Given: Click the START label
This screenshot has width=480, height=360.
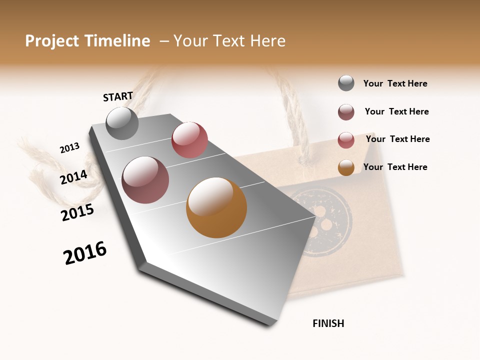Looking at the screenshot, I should point(118,96).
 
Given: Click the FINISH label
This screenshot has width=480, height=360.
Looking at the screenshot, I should point(328,323).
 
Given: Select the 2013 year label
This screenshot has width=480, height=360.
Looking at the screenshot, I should point(69,148).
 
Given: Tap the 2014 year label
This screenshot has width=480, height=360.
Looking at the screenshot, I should point(73,177).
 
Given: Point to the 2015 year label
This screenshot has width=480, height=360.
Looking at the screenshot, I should point(77,212).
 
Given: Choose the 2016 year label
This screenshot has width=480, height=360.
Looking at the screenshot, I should point(85,253).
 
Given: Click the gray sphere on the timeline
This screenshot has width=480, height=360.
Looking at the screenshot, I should point(122,123).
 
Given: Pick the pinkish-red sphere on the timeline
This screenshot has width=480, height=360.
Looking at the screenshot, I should point(189,139).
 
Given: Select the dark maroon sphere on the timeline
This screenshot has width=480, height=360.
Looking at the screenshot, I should point(145,179).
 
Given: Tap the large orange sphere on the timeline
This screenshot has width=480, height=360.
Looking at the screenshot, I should point(216,207).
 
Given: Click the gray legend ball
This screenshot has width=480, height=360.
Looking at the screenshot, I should point(346,83).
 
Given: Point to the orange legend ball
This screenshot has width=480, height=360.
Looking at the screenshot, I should point(346,167).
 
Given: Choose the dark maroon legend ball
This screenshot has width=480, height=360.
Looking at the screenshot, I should point(346,112).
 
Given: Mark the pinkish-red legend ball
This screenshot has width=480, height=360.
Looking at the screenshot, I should point(346,140).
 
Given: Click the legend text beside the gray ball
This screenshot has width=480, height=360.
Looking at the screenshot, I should point(395,83).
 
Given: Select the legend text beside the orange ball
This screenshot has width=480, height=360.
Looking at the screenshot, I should point(395,167).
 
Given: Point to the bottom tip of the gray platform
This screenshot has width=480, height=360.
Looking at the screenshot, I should point(270,324).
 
